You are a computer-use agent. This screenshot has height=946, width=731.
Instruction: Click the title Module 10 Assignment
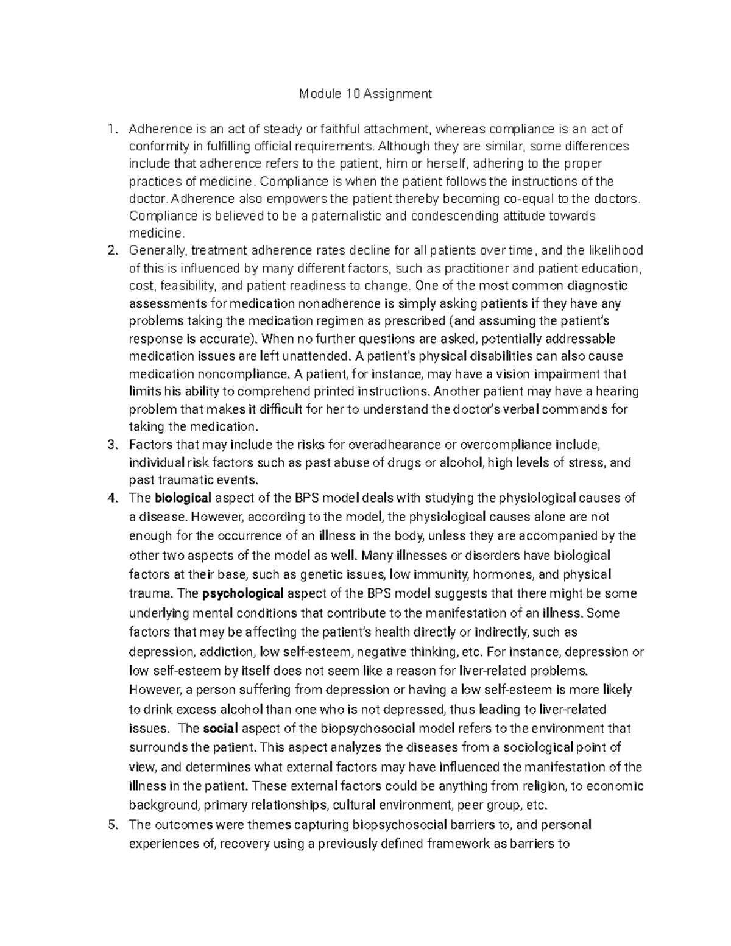click(365, 94)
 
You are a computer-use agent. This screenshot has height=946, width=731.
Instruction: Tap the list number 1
click(110, 129)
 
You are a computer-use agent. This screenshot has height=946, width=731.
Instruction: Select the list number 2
click(111, 250)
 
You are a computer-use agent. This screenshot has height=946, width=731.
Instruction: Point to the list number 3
click(111, 445)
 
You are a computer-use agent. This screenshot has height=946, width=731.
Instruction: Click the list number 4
click(111, 498)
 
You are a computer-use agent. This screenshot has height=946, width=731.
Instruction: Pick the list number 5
click(111, 825)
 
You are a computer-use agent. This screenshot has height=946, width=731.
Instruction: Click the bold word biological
click(183, 498)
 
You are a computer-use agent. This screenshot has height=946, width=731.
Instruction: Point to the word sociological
click(536, 747)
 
